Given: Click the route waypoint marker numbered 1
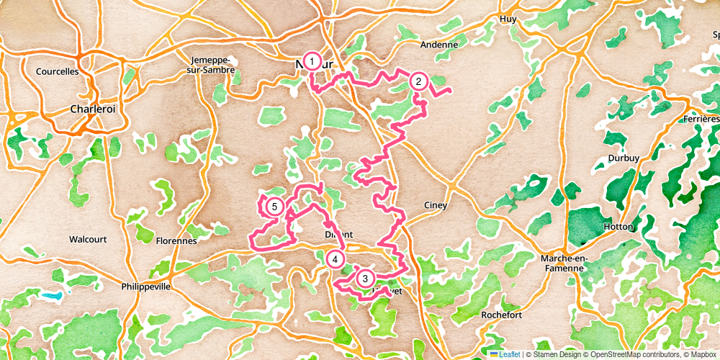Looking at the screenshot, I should click(312, 62).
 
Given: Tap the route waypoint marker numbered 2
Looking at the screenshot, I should click(418, 82).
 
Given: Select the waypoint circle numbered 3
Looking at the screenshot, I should click(365, 279).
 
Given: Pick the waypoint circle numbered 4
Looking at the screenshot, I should click(335, 259).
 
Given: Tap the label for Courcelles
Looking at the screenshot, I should click(58, 71).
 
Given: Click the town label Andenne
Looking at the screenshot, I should click(439, 45).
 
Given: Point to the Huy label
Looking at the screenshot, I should click(508, 19).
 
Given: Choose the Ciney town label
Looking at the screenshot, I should click(435, 205).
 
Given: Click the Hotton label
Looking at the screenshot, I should click(618, 226).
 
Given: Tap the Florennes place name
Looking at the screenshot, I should click(176, 241).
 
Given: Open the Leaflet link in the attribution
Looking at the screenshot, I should click(508, 354).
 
